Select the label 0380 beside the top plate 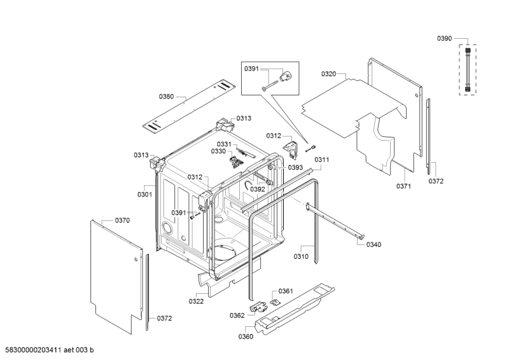point(166,97)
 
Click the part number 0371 point(403,186)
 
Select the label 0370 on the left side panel point(122,220)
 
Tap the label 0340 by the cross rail point(374,245)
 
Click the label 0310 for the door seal point(301,256)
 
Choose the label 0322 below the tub point(196,301)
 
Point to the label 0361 point(286,291)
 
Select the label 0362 point(237,315)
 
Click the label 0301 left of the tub point(144,195)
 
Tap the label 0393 point(295,168)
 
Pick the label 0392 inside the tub point(257,189)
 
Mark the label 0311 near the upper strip point(322,160)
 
